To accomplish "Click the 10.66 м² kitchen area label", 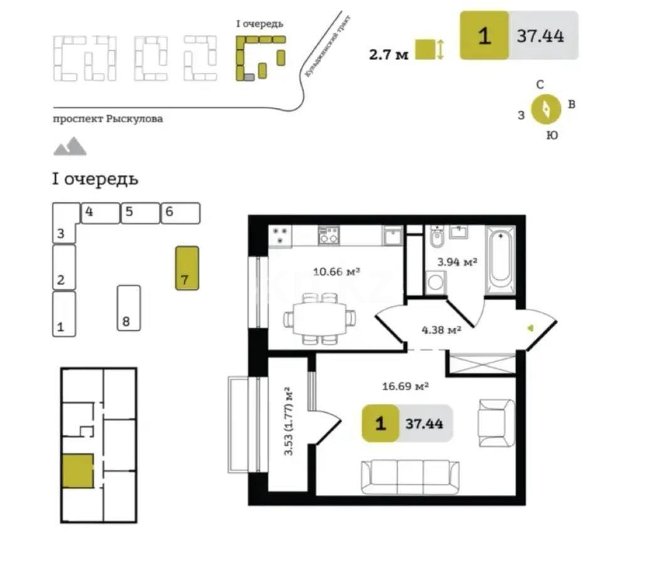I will [336, 272].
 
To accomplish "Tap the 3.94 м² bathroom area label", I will [457, 261].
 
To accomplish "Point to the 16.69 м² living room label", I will [405, 386].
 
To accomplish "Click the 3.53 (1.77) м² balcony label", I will [289, 421].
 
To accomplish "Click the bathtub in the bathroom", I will [500, 259].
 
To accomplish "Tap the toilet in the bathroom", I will [437, 239].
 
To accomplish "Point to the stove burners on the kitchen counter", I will [280, 236].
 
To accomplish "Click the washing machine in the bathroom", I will [434, 283].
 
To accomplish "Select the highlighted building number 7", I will [187, 268].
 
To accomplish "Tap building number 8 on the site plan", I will [129, 308].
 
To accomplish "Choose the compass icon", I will [546, 110].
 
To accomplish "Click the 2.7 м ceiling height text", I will [389, 55].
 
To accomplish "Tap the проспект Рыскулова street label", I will [108, 119].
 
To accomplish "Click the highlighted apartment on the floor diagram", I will [78, 471].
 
